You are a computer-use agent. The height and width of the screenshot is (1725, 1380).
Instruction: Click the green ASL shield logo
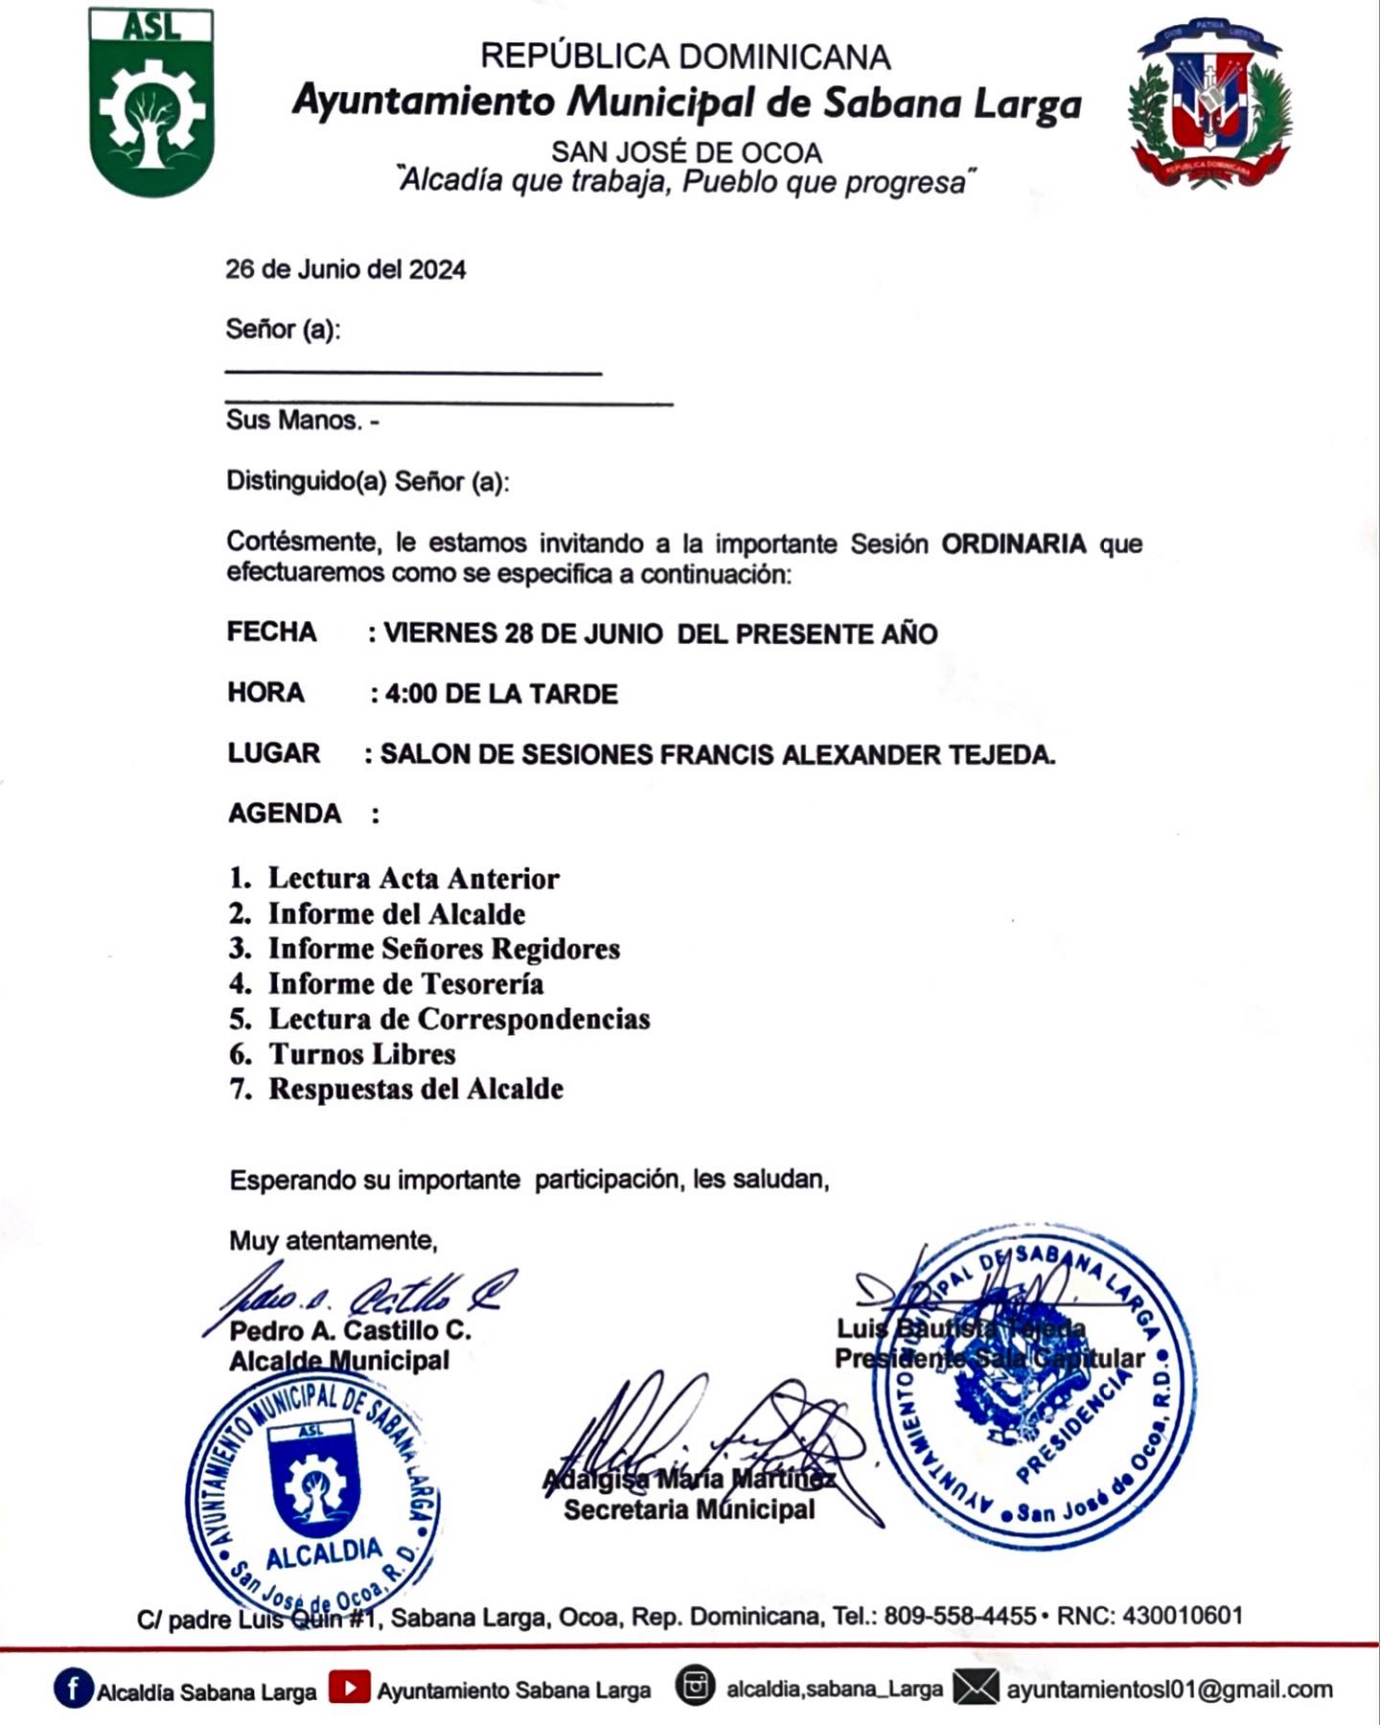(151, 103)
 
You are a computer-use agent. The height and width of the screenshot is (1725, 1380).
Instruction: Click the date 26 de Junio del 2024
(345, 270)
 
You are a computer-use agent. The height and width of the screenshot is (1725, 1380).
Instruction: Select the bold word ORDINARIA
(1013, 544)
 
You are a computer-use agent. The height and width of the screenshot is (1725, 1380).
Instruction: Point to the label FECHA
(271, 632)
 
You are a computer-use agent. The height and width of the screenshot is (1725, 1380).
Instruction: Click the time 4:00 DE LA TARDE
(501, 694)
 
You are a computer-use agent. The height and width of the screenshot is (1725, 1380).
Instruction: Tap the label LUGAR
(273, 753)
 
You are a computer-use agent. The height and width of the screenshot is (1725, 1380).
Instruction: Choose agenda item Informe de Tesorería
(405, 984)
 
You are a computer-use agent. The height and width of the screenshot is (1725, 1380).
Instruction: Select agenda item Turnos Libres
(361, 1054)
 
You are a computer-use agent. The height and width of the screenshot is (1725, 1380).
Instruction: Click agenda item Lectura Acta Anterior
(413, 879)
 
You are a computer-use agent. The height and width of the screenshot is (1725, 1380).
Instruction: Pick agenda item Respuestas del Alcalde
(415, 1090)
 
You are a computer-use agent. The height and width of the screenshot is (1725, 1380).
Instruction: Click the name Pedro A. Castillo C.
(350, 1331)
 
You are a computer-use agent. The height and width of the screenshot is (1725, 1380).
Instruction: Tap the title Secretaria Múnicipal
(689, 1510)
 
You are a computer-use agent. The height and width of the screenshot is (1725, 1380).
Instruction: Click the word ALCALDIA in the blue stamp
(323, 1553)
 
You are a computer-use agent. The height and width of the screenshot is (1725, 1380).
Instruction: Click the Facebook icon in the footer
(74, 1689)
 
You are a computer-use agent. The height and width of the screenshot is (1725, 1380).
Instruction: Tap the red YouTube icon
(350, 1689)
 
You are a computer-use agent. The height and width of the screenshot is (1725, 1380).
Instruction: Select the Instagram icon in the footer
(695, 1687)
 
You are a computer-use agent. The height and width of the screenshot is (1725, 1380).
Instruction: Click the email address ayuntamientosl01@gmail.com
(1169, 1690)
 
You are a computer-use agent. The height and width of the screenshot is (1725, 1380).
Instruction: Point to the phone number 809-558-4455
(959, 1617)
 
